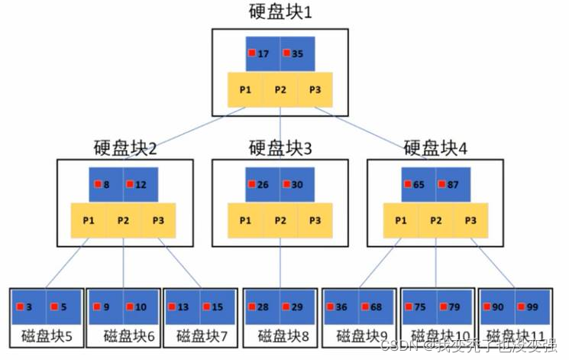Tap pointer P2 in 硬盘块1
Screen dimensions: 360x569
coord(280,89)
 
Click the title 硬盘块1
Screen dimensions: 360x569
coord(280,12)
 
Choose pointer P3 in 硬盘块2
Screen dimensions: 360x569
coord(158,220)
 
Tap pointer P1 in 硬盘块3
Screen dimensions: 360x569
coord(245,220)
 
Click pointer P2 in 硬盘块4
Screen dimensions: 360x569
coord(436,220)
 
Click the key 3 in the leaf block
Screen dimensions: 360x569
coord(28,307)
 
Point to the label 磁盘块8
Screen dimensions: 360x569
coord(280,336)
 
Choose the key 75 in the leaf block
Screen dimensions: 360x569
coord(419,307)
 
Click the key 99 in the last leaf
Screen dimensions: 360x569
coord(530,307)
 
